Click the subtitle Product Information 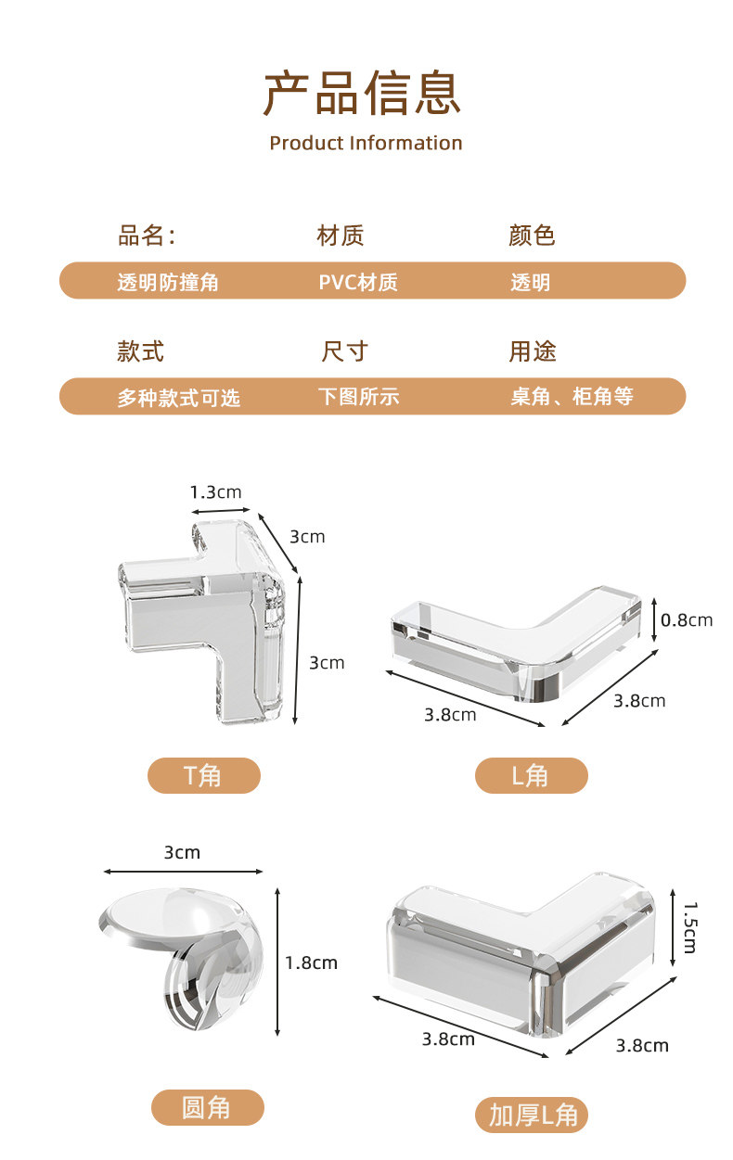point(366,143)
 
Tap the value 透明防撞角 point(168,282)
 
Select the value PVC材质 point(358,282)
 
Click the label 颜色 point(532,236)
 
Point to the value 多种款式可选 point(178,398)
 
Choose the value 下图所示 point(358,397)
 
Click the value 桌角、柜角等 point(572,397)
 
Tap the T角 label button point(204,775)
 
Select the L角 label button point(531,775)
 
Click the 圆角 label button point(207,1107)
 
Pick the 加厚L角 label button point(533,1115)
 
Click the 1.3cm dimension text point(215,492)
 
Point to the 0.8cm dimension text point(687,619)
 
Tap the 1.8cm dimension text point(311,962)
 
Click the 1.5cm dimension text point(689,928)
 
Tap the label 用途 point(532,351)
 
